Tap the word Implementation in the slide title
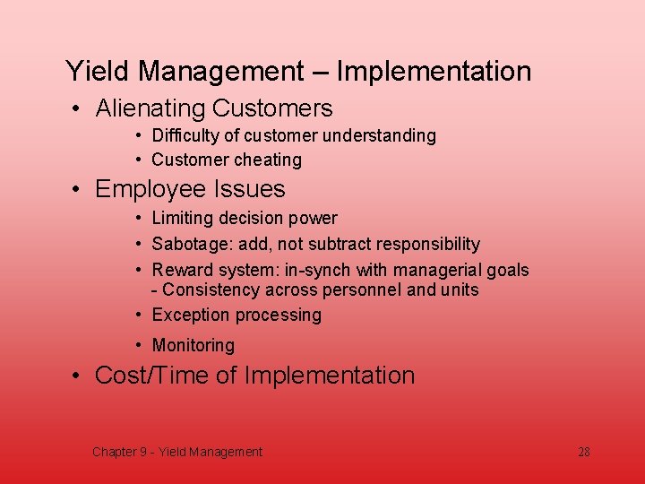click(x=434, y=71)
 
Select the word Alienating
click(x=150, y=108)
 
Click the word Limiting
click(x=181, y=218)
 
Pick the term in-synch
click(x=316, y=270)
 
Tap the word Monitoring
click(x=193, y=345)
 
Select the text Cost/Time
click(x=150, y=375)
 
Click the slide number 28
click(x=583, y=452)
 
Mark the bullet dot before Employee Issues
click(x=79, y=190)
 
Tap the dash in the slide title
click(x=320, y=72)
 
